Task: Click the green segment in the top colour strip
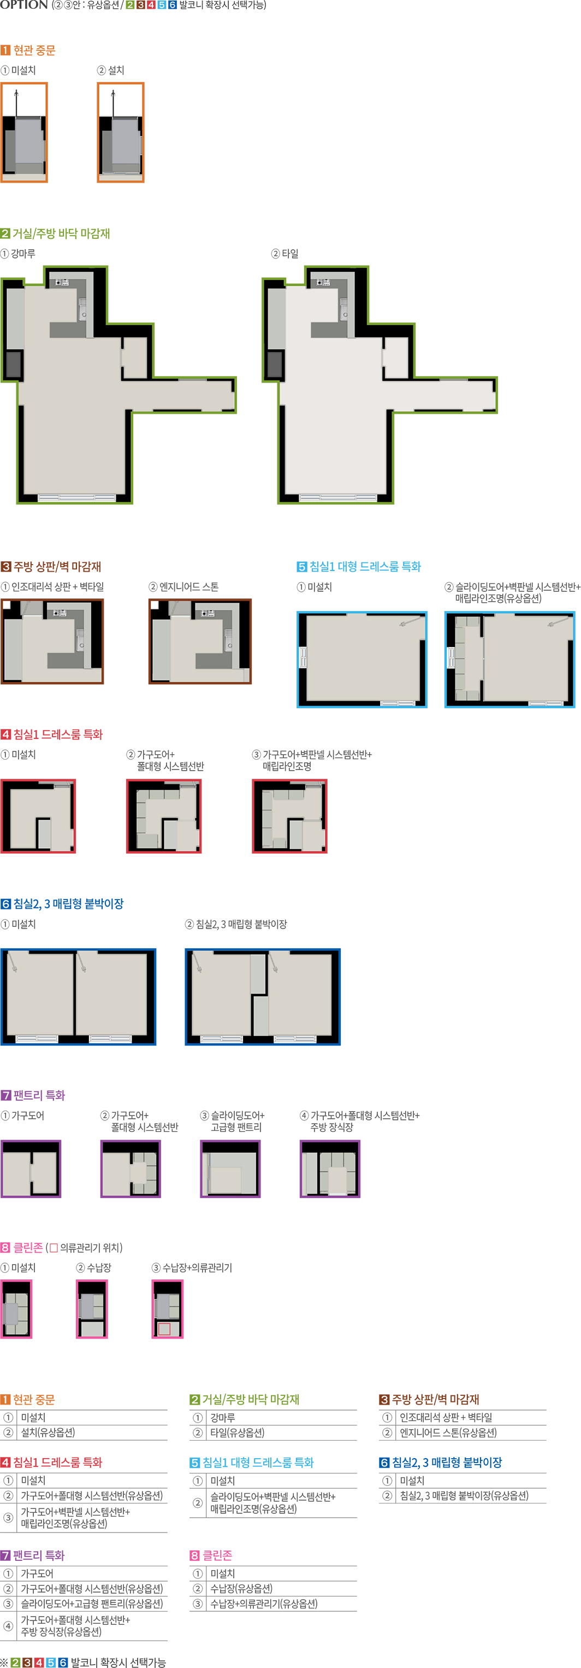(129, 4)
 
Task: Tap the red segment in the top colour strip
(151, 4)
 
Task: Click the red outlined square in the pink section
(164, 1329)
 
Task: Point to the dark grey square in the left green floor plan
(14, 364)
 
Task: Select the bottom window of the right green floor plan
(337, 497)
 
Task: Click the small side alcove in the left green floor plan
(134, 357)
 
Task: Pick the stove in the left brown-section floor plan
(60, 612)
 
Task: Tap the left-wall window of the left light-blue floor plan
(302, 657)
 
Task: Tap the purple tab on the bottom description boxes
(35, 1556)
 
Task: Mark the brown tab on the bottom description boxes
(434, 1400)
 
